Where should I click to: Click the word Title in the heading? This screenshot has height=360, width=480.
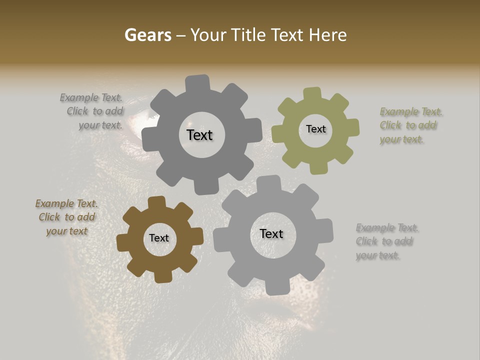250,35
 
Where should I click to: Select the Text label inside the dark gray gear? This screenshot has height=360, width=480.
199,135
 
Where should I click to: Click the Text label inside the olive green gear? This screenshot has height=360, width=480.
315,129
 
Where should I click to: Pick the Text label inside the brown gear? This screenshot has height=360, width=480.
159,238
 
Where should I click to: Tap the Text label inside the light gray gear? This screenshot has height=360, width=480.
271,234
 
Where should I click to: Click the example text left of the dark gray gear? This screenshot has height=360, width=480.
93,111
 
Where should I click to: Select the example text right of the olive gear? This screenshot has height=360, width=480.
410,125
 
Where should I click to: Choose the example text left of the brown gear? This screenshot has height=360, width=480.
66,217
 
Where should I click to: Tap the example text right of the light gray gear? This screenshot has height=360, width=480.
386,241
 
